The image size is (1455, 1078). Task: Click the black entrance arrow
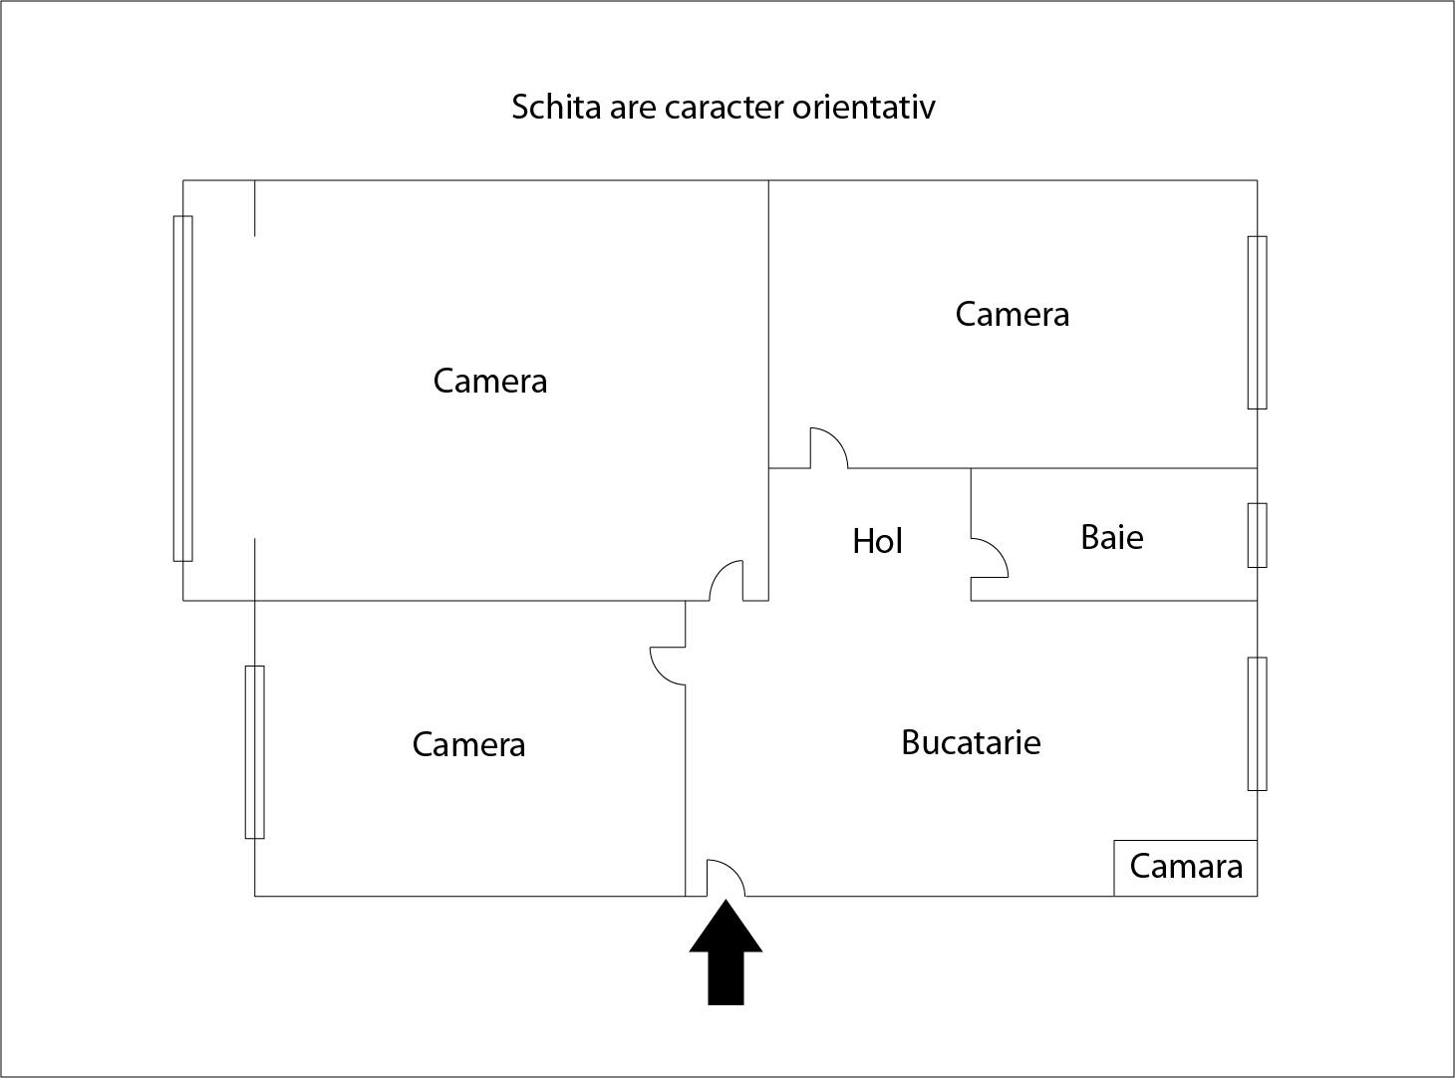(x=726, y=952)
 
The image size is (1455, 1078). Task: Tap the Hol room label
(x=877, y=541)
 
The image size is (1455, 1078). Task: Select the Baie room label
(x=1112, y=537)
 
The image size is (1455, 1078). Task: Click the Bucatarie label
(x=971, y=742)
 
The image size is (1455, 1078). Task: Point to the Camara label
(x=1186, y=866)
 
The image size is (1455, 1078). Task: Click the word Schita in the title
(x=556, y=107)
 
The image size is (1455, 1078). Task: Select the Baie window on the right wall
(x=1257, y=535)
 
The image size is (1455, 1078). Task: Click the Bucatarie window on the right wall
(x=1257, y=723)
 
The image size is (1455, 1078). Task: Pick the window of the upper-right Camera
(x=1257, y=322)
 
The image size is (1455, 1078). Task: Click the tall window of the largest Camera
(x=182, y=389)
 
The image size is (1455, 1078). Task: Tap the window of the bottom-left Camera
(x=254, y=752)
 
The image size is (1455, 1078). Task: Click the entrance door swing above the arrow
(x=726, y=878)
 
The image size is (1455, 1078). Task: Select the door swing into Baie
(x=990, y=558)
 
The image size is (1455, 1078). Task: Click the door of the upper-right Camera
(x=829, y=448)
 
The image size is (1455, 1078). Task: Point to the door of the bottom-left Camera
(x=668, y=666)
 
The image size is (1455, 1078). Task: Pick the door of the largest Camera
(x=727, y=581)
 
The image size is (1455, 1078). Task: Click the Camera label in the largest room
(x=490, y=381)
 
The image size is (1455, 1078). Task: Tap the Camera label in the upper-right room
(x=1013, y=314)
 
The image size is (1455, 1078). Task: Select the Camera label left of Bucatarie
(x=468, y=744)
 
